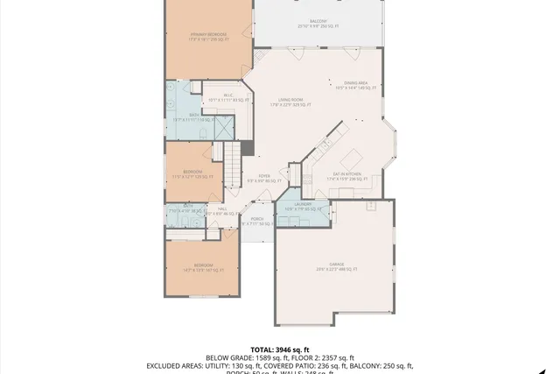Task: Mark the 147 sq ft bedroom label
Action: coord(203,267)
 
